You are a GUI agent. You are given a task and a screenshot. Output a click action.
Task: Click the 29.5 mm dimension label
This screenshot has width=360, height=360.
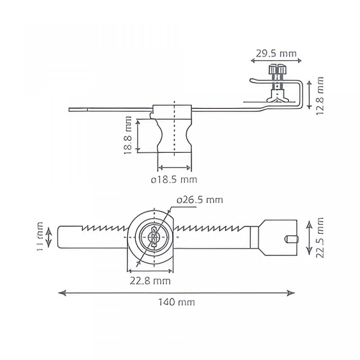pos(276,53)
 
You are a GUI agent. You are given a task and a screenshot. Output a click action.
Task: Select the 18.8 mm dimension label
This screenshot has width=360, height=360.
pos(128,135)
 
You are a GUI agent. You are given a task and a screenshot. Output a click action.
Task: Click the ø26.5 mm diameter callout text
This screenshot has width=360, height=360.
pos(200,199)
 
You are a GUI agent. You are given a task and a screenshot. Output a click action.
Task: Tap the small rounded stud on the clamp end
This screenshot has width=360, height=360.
pos(291,238)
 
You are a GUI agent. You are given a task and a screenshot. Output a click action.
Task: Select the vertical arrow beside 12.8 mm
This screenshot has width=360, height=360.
pos(309,94)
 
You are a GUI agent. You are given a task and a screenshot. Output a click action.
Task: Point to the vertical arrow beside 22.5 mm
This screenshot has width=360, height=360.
pos(309,238)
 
